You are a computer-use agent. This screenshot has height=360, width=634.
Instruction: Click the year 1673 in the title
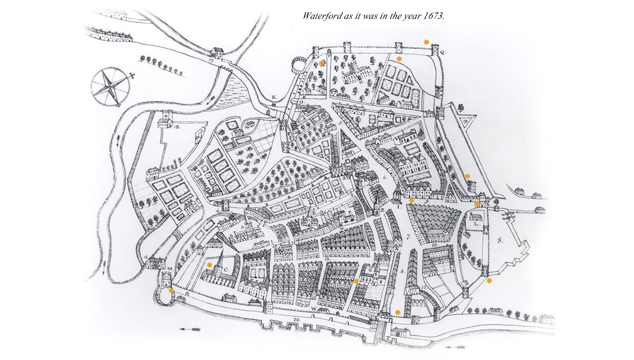pos(434,16)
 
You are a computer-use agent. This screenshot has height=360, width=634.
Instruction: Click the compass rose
pos(110,88)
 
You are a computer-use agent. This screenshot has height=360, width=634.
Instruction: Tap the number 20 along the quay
pos(296,320)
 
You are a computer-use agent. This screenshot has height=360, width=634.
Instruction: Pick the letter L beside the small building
pos(476,224)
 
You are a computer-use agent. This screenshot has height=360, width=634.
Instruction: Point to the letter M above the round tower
pos(170,269)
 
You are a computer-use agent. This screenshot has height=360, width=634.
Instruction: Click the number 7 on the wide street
pos(409,238)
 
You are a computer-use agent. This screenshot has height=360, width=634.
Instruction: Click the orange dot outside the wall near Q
pos(426,42)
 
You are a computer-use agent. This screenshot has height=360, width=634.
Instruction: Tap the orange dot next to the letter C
pos(210,265)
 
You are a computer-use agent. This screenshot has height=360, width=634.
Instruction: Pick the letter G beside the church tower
pos(369,271)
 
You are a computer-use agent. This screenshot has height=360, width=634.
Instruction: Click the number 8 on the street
pos(403,271)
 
